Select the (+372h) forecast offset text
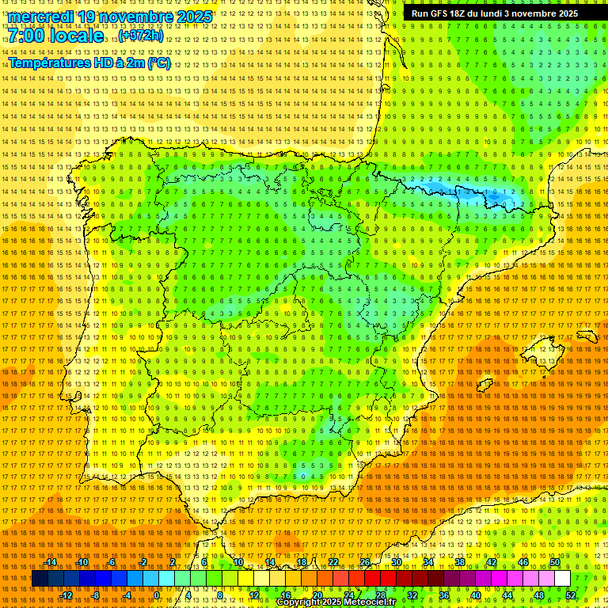(x=141, y=36)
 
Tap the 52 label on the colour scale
(x=571, y=595)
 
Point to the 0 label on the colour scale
(x=157, y=595)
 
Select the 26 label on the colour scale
(x=365, y=562)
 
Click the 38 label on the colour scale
(x=460, y=562)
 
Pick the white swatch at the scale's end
(x=562, y=579)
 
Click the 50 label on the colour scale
(x=555, y=562)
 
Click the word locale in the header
(x=77, y=36)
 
